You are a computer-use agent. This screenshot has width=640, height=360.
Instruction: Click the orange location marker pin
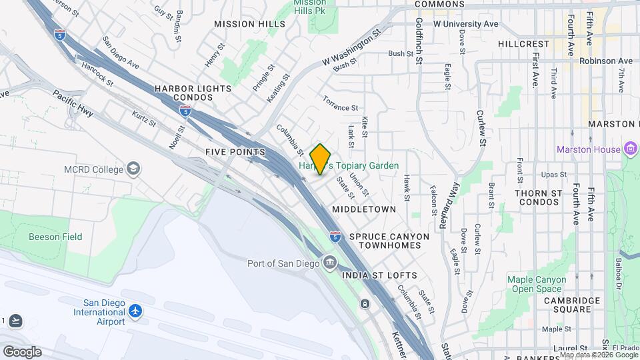point(321,159)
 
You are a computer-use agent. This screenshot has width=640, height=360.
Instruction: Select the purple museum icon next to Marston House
point(631,149)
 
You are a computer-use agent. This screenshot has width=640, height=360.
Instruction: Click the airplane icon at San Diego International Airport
point(136,311)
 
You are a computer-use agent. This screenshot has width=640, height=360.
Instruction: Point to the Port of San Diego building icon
point(329,263)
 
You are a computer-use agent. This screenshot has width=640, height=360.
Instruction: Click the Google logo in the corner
point(22,351)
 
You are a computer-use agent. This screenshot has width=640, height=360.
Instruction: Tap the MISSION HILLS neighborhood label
point(244,24)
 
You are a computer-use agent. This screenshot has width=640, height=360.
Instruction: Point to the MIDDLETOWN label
point(364,209)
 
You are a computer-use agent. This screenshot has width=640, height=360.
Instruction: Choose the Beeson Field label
point(55,237)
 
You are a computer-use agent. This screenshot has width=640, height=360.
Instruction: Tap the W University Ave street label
point(466,24)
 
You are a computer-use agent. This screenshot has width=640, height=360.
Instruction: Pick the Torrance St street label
point(341,103)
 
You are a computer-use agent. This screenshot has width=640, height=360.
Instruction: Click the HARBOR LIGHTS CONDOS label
point(193,93)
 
